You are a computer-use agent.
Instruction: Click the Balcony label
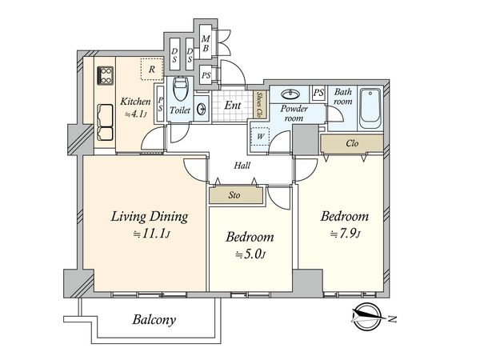[154, 320]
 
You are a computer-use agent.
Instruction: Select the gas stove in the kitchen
[106, 76]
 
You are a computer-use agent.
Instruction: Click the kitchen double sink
[105, 122]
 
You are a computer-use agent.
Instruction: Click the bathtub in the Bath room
[370, 108]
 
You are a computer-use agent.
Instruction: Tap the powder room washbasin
[290, 94]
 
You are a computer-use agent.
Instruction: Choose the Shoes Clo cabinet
[259, 105]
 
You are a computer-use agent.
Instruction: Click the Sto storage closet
[236, 195]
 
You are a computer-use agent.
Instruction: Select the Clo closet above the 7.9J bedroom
[352, 143]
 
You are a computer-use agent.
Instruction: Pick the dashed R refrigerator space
[151, 69]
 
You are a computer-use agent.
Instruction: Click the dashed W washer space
[260, 137]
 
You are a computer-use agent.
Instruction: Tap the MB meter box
[206, 43]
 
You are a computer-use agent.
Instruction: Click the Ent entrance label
[233, 106]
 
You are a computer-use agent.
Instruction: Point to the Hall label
[242, 166]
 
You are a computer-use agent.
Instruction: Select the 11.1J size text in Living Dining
[151, 234]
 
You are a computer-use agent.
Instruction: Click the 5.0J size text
[250, 254]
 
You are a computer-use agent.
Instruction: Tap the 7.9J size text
[346, 234]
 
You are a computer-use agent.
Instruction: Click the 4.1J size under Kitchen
[135, 114]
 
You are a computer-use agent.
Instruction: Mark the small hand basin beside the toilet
[202, 110]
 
